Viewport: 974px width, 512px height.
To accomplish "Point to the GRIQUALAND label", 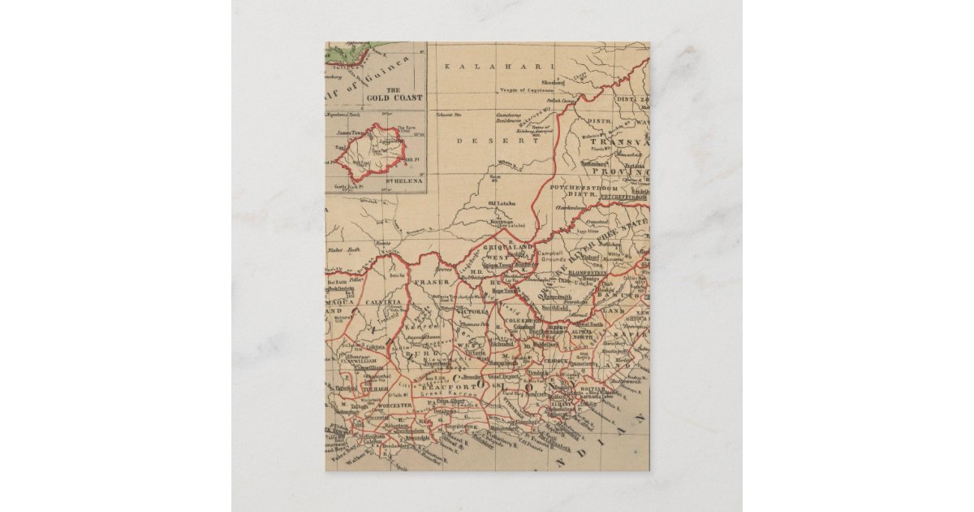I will (x=509, y=246).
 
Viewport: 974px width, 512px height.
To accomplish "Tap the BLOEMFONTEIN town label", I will (x=588, y=272).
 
